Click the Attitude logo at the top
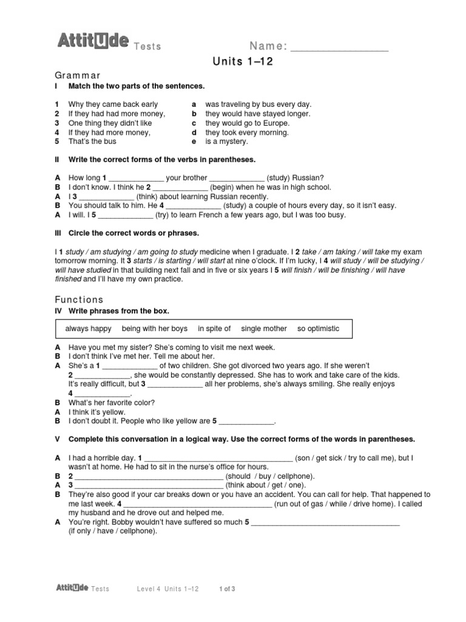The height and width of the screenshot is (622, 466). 93,41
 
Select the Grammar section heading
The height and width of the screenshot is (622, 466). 78,75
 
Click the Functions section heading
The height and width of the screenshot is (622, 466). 79,299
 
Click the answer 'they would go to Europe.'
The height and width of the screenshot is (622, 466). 239,123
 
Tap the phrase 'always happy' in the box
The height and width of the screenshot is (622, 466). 89,329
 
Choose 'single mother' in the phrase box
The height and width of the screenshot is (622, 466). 264,329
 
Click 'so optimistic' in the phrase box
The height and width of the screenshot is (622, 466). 318,329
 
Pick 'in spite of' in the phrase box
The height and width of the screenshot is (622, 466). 214,329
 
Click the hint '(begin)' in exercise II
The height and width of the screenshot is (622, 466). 223,188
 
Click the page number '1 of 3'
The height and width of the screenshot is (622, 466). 227,589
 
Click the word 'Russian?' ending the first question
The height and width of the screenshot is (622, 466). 311,179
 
